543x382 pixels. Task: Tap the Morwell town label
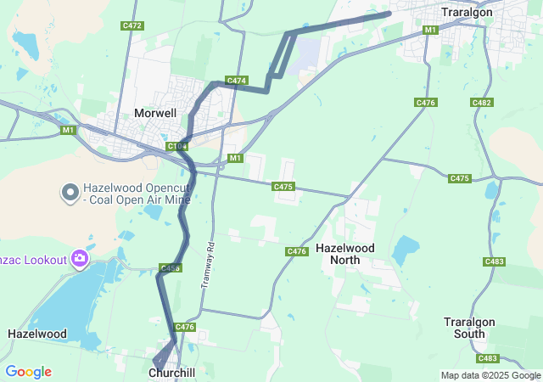coord(155,113)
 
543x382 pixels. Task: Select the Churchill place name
coord(172,373)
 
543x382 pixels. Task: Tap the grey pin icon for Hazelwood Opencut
coord(70,194)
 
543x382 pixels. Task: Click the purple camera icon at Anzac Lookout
coord(79,257)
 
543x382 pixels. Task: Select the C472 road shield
coord(132,25)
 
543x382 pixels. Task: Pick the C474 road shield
coord(237,81)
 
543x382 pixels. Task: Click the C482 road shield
coord(482,103)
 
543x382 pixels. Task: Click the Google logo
coord(28,372)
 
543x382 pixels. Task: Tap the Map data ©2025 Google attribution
coord(490,375)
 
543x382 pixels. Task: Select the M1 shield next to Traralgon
coord(430,30)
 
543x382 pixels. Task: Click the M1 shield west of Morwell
coord(68,130)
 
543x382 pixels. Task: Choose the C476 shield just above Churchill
coord(185,327)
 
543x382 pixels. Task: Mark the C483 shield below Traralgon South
coord(487,358)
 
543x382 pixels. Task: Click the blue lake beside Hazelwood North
coord(406,248)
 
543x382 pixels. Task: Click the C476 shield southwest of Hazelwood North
coord(296,251)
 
